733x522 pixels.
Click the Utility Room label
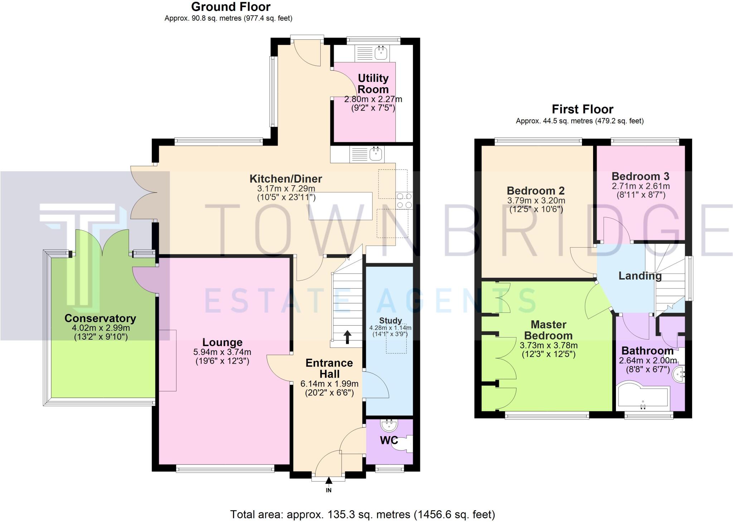[x=373, y=84]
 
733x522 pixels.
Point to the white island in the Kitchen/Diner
[x=340, y=206]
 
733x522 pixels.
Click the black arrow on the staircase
[x=347, y=337]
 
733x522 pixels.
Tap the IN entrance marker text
[x=329, y=490]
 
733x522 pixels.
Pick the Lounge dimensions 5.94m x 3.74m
[x=222, y=352]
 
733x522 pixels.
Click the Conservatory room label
[x=100, y=318]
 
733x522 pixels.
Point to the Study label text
[x=390, y=321]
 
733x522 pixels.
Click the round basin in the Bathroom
[x=679, y=374]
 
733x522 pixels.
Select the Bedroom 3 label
[x=640, y=176]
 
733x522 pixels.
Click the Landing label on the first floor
[x=640, y=276]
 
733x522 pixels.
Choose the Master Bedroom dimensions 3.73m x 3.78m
[x=548, y=345]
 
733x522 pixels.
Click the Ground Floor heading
[x=231, y=7]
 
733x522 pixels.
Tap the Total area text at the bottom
[x=362, y=514]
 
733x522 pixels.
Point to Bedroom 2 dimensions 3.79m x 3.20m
[x=536, y=201]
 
